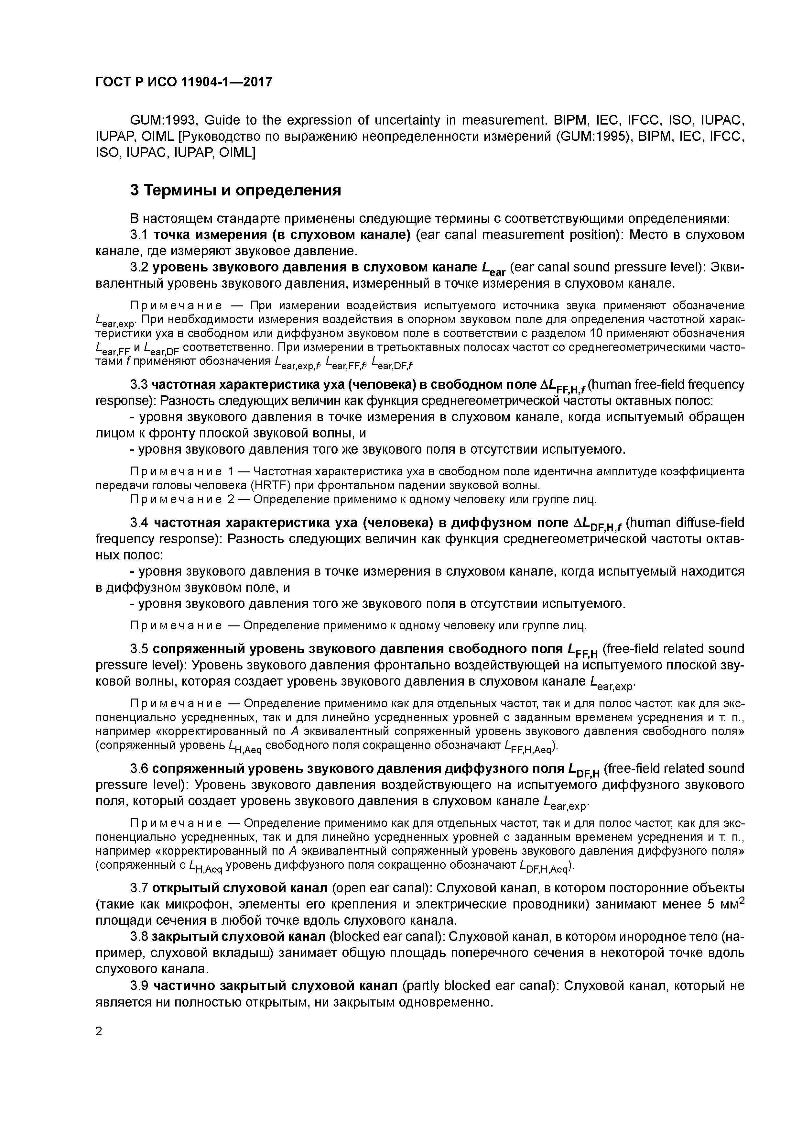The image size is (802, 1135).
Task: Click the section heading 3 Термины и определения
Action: (235, 190)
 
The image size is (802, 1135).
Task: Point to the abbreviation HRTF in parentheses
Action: (267, 485)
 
